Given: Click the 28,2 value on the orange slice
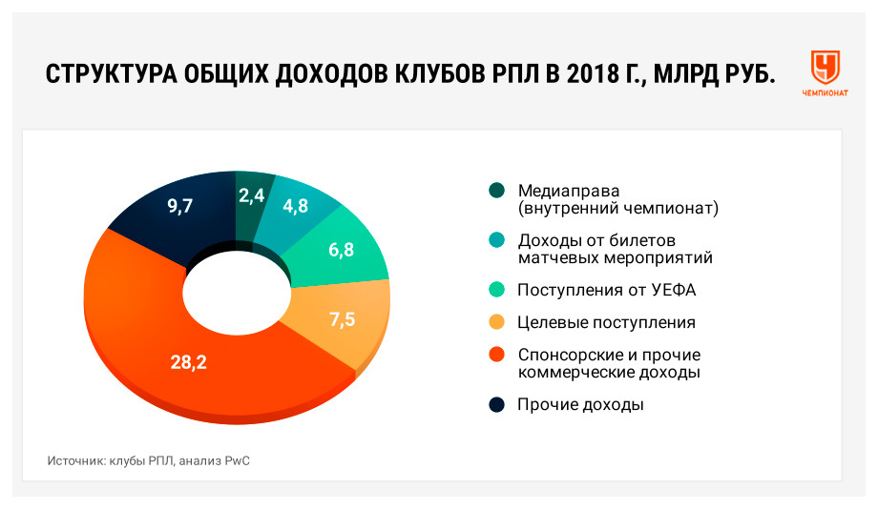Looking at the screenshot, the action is (x=189, y=362).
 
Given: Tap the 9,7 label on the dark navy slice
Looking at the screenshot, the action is (x=179, y=206).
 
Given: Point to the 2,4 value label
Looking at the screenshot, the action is (x=251, y=195).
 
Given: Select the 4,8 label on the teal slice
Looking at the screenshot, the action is (x=296, y=206).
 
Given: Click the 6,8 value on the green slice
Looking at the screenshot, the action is (x=341, y=250).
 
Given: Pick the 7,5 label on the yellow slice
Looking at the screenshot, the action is (x=342, y=319).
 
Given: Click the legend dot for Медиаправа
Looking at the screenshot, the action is (x=496, y=191).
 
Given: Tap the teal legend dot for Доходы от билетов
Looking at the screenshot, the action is (x=496, y=240).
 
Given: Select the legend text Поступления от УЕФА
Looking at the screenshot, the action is (x=606, y=290).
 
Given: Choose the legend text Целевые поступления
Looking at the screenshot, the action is (x=606, y=322).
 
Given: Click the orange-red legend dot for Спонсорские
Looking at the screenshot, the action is (x=496, y=355).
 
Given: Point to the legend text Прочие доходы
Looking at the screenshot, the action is (x=580, y=404).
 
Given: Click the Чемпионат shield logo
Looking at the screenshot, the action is (x=826, y=67).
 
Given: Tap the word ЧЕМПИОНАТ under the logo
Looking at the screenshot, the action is (x=826, y=93).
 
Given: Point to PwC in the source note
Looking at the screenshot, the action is (x=238, y=460).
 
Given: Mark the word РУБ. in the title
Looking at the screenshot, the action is (x=750, y=73).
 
